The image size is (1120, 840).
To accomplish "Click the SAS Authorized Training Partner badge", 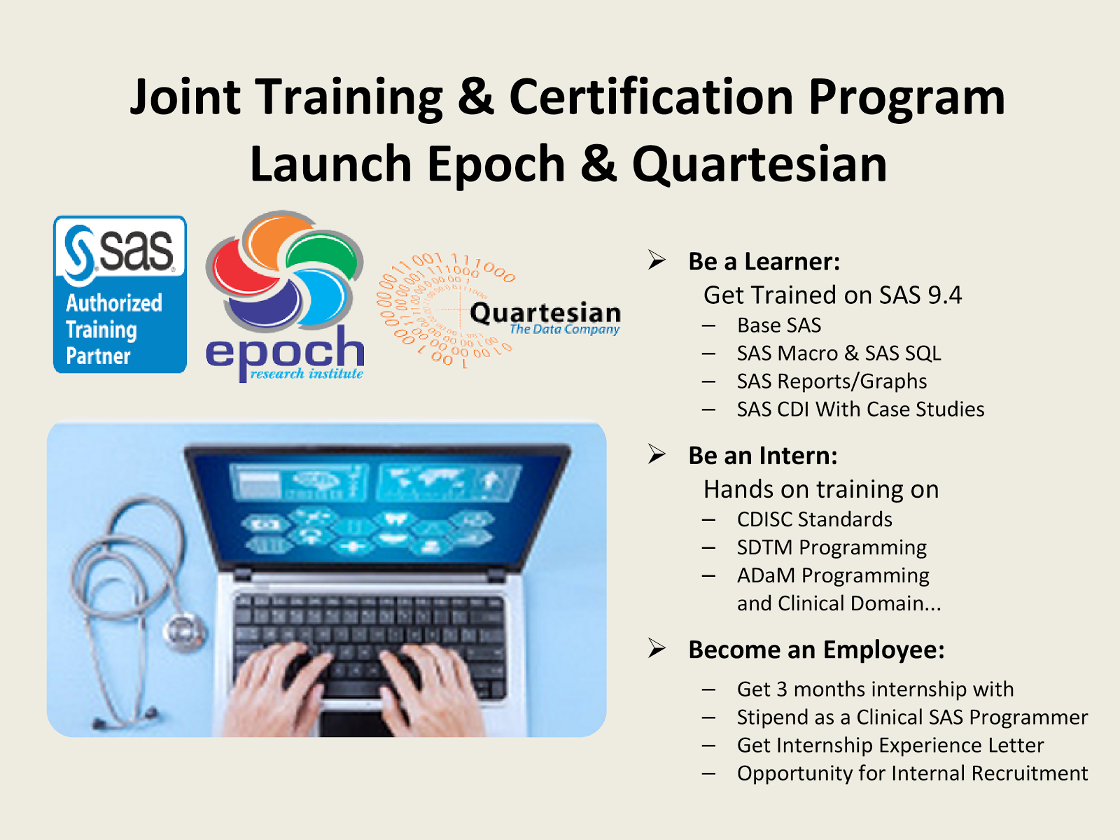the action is (x=120, y=294).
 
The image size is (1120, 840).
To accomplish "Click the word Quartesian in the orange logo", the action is (x=545, y=313).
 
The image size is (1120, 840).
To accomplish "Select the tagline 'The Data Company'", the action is (x=564, y=330).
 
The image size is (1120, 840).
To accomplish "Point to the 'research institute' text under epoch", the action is (x=307, y=373).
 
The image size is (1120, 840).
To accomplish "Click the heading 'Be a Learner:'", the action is (x=764, y=261).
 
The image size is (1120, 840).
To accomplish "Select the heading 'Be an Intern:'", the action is (x=763, y=456).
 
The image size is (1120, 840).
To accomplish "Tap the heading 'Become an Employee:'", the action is (x=816, y=650).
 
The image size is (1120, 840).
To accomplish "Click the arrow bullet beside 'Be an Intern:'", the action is (x=657, y=454).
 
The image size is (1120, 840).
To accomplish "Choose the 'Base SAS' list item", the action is (x=779, y=325).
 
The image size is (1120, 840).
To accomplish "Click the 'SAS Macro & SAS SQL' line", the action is (x=839, y=353).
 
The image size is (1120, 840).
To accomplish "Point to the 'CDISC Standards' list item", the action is (x=814, y=519).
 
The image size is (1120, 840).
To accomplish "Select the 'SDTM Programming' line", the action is (x=832, y=548).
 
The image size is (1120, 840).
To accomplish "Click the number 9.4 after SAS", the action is (x=946, y=295).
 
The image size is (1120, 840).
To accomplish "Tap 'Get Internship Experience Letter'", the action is (x=890, y=745).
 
